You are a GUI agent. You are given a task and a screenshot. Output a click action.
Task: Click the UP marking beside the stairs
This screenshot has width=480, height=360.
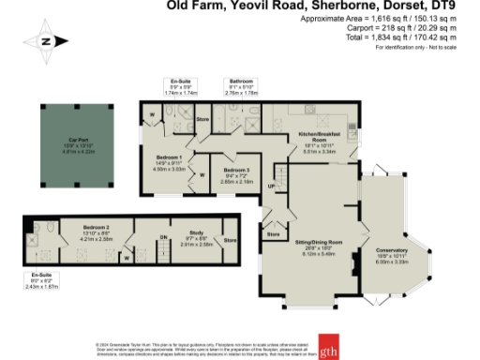[271, 187]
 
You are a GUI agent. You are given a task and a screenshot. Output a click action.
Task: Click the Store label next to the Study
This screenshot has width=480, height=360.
[230, 240]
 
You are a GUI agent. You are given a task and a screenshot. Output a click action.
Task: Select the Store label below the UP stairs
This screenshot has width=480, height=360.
[275, 232]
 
